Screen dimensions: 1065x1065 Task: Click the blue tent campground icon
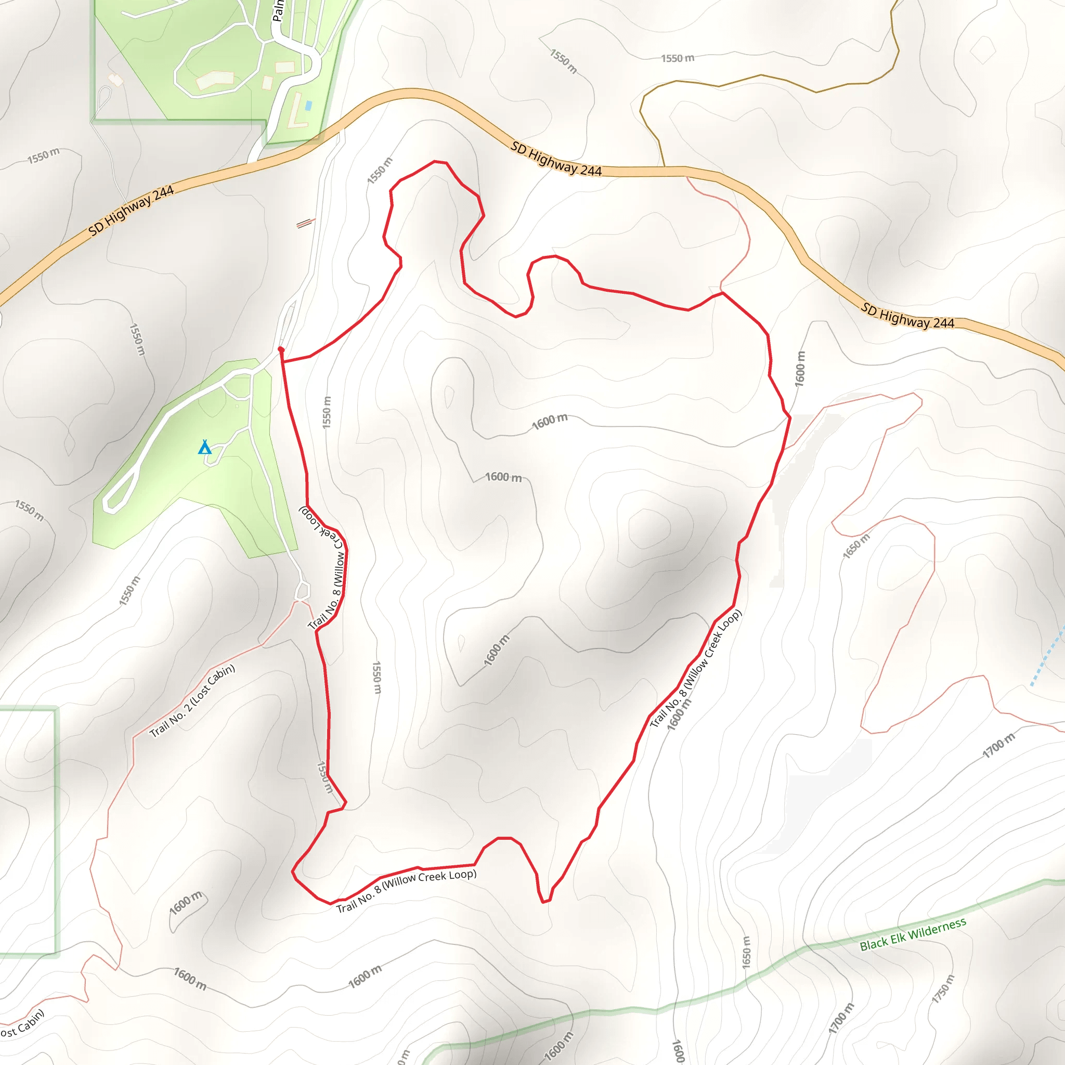tap(204, 447)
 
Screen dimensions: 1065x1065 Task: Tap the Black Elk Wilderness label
tap(912, 935)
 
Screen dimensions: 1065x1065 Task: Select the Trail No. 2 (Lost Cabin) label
tap(192, 701)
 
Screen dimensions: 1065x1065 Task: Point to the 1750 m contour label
tap(943, 989)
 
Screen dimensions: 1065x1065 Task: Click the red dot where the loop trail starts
tap(281, 349)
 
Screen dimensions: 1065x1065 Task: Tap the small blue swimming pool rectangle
tap(308, 105)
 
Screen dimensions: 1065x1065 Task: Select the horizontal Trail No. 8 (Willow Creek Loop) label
tap(406, 890)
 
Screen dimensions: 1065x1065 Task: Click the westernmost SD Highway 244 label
tap(131, 210)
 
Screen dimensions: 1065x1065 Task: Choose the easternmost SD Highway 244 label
tap(907, 316)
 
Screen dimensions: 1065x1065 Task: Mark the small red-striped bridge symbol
tap(305, 223)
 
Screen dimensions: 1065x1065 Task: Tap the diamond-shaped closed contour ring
tap(982, 51)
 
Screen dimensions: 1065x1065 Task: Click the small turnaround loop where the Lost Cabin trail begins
tap(302, 591)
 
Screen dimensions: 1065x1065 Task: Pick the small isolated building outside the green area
tap(115, 80)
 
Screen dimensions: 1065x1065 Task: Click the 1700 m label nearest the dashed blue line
tap(998, 746)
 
